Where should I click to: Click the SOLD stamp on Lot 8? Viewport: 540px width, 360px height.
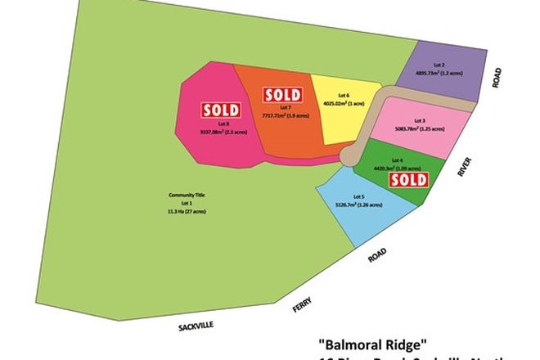click(220, 110)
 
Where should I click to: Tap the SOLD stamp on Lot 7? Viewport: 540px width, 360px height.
click(281, 94)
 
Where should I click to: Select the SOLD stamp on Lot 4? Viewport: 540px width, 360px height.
click(407, 179)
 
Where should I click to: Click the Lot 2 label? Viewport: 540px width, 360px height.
click(439, 65)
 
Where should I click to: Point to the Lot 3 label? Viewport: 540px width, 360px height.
click(419, 121)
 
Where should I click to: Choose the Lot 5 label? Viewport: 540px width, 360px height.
click(358, 197)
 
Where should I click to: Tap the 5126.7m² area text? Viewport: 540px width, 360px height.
click(359, 205)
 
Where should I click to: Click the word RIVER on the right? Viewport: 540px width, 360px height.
click(466, 166)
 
